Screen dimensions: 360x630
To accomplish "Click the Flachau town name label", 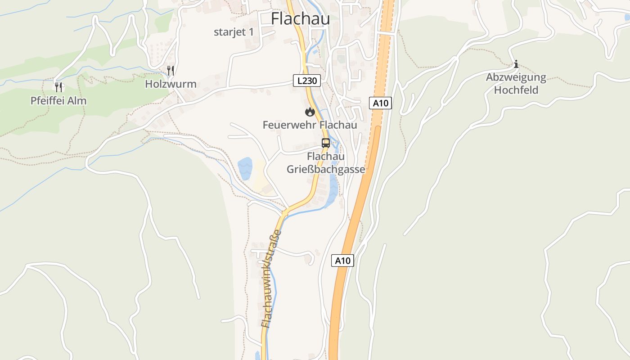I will (x=300, y=19).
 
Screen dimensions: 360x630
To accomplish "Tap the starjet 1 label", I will (x=234, y=32).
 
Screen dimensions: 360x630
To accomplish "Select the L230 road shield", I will (x=308, y=81).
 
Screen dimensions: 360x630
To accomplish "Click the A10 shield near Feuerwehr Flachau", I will (x=380, y=103).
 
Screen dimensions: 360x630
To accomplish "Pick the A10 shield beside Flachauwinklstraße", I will (x=343, y=261).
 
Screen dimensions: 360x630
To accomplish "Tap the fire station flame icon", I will (x=310, y=112).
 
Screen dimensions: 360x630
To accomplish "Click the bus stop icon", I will (x=325, y=143).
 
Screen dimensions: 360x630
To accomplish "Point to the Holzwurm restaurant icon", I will (x=171, y=71).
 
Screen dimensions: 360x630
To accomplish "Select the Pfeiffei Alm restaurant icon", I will (x=58, y=87).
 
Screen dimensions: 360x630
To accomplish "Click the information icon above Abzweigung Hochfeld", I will (x=516, y=64).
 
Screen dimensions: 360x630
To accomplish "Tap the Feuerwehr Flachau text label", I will (x=310, y=125).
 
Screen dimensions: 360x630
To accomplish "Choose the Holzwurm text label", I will (x=171, y=84).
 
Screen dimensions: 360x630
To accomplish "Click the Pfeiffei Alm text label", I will (x=58, y=101).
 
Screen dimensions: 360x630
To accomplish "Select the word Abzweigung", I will (x=516, y=77).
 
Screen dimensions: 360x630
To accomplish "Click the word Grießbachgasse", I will (x=326, y=170).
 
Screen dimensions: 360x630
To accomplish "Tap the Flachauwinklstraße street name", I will (x=271, y=279).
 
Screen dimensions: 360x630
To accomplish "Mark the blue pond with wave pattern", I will (x=245, y=169).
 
